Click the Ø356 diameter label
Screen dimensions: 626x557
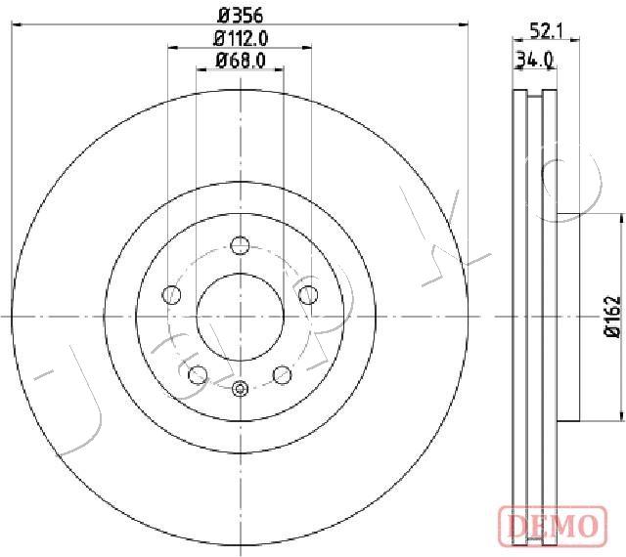tap(241, 16)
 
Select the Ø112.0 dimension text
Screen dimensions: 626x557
tap(241, 39)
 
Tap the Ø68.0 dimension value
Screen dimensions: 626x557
tap(241, 61)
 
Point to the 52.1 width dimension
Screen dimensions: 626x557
tap(546, 30)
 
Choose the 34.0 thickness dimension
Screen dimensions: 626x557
tap(535, 60)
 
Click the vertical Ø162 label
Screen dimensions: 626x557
tap(613, 317)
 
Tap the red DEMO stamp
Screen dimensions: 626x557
tap(554, 525)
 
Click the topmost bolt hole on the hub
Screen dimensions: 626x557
tap(240, 245)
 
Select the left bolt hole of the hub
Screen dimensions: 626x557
tap(172, 295)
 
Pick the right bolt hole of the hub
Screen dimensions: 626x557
tap(308, 295)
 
